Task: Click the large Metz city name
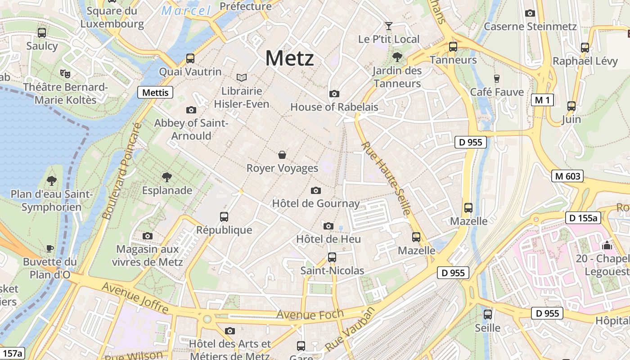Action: pos(289,58)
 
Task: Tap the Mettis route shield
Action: pos(155,93)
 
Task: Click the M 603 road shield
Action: pos(567,176)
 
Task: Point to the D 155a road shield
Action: pos(583,218)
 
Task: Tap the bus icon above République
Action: pos(224,217)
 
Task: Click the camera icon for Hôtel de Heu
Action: pos(328,226)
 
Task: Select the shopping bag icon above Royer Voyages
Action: pos(282,155)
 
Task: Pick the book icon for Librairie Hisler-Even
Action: pos(242,77)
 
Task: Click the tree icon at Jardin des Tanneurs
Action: pos(397,57)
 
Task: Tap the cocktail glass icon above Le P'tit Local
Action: pos(389,26)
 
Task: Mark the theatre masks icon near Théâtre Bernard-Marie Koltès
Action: pos(65,73)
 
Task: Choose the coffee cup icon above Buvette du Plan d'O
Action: pos(50,248)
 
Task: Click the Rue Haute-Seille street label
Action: pos(386,178)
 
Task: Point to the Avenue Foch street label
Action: pos(310,314)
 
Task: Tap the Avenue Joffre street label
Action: pos(135,297)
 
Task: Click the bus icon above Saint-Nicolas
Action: pos(332,257)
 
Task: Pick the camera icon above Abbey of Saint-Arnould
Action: pos(191,110)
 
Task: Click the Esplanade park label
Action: pos(167,190)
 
